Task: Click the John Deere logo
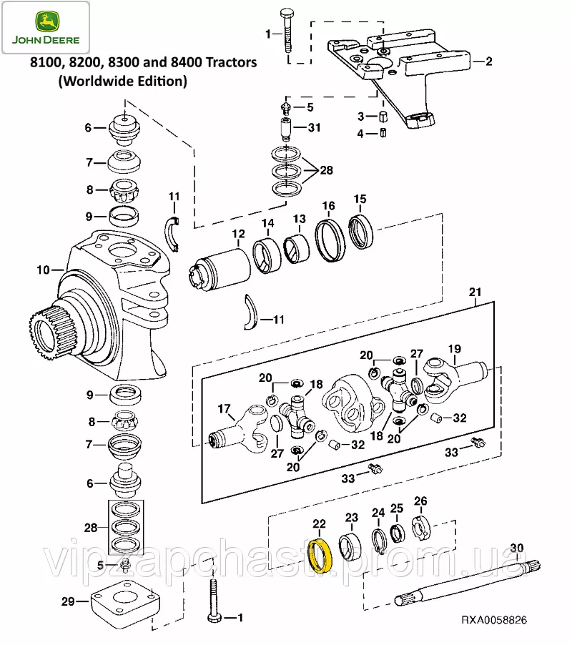coord(45,27)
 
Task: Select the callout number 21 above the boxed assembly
coord(475,292)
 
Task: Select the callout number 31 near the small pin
coord(315,127)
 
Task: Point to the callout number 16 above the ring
coord(328,207)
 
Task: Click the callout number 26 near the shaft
coord(420,501)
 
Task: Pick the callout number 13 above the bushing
coord(298,218)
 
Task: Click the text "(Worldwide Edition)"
coord(122,81)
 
